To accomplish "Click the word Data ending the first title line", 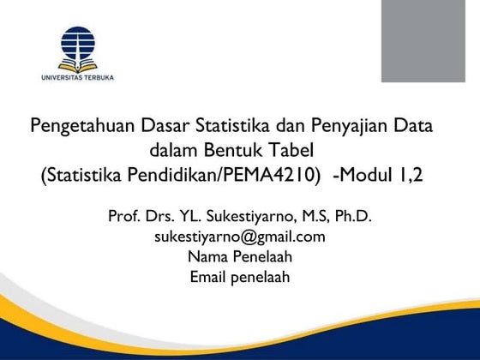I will (x=411, y=127).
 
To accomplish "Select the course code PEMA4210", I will (x=283, y=177).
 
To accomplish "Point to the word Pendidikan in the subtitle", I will (x=177, y=177).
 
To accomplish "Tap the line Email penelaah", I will (x=240, y=276).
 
